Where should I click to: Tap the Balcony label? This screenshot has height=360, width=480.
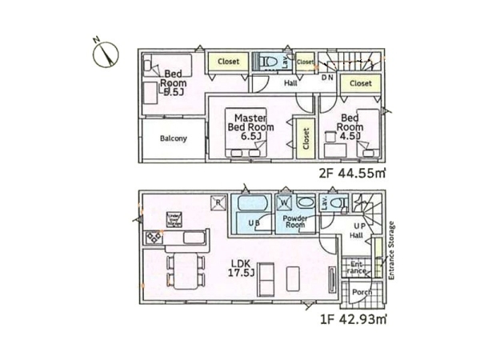pos(173,138)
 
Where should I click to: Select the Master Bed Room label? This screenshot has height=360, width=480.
pos(250,127)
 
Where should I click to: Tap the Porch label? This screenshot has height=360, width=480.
pos(360,293)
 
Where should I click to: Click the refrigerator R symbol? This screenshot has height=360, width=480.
pos(217,202)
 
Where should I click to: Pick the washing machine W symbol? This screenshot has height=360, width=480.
pos(285,202)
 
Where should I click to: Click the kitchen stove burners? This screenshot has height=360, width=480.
pos(153,238)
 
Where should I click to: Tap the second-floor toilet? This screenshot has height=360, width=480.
pos(267,62)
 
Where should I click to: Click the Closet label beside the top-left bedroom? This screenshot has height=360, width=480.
pos(228,61)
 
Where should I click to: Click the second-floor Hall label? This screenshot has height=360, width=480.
pos(290,82)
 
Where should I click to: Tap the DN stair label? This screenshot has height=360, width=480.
pos(328,78)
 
